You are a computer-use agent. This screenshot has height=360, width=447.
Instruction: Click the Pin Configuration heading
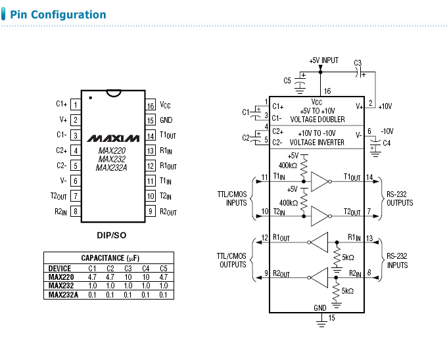pos(58,14)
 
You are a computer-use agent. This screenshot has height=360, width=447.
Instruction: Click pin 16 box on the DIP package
pos(151,105)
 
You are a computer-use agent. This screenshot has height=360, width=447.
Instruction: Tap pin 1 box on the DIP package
pos(76,104)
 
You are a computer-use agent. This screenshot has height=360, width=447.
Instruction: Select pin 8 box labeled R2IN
pos(76,211)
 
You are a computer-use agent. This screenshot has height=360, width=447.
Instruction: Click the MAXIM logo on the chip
pos(113,139)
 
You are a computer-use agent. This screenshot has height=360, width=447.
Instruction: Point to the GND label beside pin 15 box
pos(166,120)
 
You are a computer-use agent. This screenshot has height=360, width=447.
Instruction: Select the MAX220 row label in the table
pos(60,277)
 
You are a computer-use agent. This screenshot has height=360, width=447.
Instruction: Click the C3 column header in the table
pos(128,268)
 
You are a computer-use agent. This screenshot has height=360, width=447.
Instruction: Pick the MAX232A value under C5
pos(164,295)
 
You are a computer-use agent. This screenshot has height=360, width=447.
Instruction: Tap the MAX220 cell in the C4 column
pos(146,277)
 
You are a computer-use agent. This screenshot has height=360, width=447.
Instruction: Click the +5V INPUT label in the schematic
pos(323,60)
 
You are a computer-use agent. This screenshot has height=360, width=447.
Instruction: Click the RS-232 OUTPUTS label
pos(400,199)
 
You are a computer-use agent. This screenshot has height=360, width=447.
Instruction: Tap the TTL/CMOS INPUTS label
pos(232,199)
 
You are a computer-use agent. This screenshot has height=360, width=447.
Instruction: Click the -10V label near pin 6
pos(387,131)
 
